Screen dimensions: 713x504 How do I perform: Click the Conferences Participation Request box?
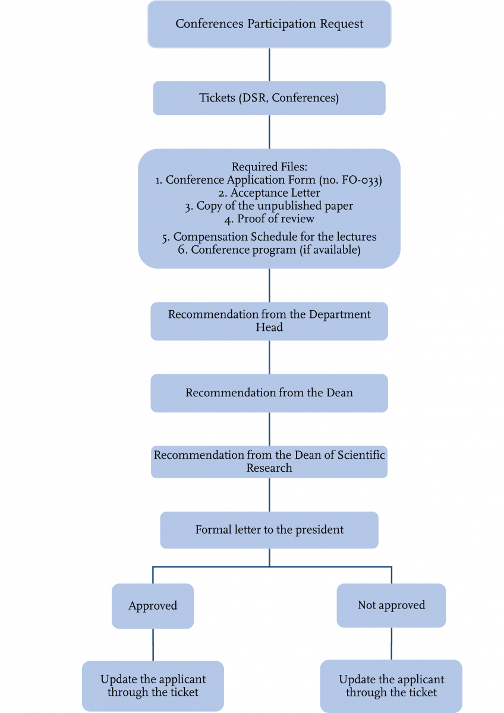coord(269,24)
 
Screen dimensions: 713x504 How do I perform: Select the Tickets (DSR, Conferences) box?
coord(269,98)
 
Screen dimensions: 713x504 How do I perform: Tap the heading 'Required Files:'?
coord(269,168)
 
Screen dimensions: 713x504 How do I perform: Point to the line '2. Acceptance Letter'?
coord(269,193)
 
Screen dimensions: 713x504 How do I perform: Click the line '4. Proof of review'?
coord(269,219)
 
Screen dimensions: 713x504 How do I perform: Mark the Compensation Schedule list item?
coord(269,236)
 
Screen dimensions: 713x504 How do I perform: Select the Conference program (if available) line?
coord(269,250)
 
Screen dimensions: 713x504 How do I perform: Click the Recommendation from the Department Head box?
coord(269,321)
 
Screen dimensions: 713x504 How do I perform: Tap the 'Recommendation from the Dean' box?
coord(269,393)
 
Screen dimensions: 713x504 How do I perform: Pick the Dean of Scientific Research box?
coord(269,462)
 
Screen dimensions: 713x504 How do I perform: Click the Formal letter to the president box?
coord(269,529)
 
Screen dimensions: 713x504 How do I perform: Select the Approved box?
coord(153,606)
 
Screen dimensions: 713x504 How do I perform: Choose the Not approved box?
coord(391,605)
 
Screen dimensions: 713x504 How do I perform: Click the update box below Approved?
coord(153,686)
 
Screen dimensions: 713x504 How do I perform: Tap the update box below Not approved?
coord(391,686)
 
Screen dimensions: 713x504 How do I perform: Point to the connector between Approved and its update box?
coord(153,645)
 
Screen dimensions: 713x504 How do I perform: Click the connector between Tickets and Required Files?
coord(269,132)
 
